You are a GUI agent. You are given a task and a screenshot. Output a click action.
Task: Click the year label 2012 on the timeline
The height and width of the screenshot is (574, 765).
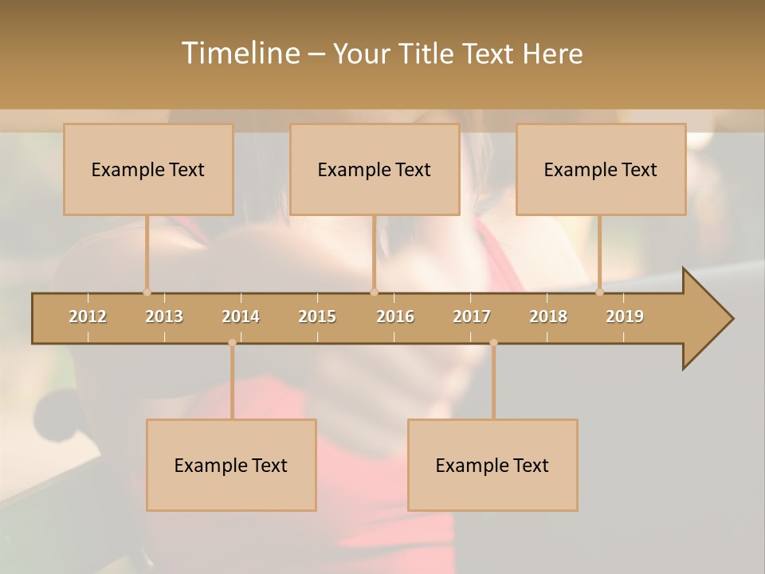tap(88, 316)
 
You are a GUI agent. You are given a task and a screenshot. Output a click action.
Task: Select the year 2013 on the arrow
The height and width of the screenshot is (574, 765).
tap(164, 316)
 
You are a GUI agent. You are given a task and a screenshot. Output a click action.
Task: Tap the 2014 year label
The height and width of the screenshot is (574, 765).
tap(241, 316)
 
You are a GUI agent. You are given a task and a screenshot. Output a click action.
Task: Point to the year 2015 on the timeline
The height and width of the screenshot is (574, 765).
tap(317, 316)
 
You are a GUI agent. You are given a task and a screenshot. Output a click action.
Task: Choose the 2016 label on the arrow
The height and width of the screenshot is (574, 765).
tap(395, 316)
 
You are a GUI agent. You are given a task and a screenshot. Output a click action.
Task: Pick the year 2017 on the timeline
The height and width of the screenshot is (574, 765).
tap(472, 316)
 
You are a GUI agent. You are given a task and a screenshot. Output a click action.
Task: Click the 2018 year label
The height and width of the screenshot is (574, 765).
tap(548, 316)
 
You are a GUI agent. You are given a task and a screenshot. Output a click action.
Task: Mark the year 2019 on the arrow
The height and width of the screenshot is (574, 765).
tap(625, 316)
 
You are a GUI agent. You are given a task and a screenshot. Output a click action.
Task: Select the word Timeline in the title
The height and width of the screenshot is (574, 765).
tap(239, 53)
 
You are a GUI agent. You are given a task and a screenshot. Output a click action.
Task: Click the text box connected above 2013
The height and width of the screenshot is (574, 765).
tap(148, 170)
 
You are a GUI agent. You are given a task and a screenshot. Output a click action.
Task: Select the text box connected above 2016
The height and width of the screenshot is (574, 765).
tap(375, 170)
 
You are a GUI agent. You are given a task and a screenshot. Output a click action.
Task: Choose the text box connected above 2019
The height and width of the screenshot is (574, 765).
tap(601, 170)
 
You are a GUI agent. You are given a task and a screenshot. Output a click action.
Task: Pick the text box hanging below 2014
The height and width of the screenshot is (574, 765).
tap(231, 466)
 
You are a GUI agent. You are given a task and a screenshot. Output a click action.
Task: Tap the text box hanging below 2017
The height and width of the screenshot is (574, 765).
tap(492, 466)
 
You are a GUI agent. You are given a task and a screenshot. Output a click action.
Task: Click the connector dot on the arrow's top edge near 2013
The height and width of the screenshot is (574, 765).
tap(147, 292)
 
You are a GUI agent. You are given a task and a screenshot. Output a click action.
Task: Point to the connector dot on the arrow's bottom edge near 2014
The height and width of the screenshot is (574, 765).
tap(232, 343)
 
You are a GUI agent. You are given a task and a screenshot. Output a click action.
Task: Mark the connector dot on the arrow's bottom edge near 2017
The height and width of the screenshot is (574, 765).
tap(493, 343)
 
